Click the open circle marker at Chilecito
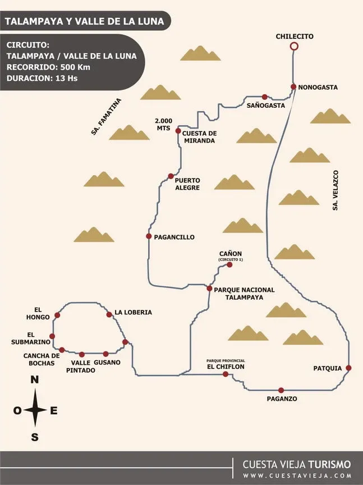[x=294, y=47]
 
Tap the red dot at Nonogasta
[x=293, y=86]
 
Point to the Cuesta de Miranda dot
[x=178, y=131]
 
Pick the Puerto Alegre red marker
[x=171, y=176]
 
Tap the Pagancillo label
[x=174, y=237]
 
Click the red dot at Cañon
[x=229, y=264]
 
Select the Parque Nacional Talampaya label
[x=245, y=294]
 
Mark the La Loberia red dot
[x=109, y=315]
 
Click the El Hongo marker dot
[x=57, y=315]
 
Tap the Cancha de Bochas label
[x=41, y=359]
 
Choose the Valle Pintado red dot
[x=82, y=354]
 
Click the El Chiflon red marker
[x=226, y=374]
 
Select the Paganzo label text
[x=282, y=399]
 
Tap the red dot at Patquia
[x=348, y=368]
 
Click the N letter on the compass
[x=35, y=381]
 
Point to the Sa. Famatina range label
[x=105, y=117]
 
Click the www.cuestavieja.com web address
[x=297, y=475]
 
